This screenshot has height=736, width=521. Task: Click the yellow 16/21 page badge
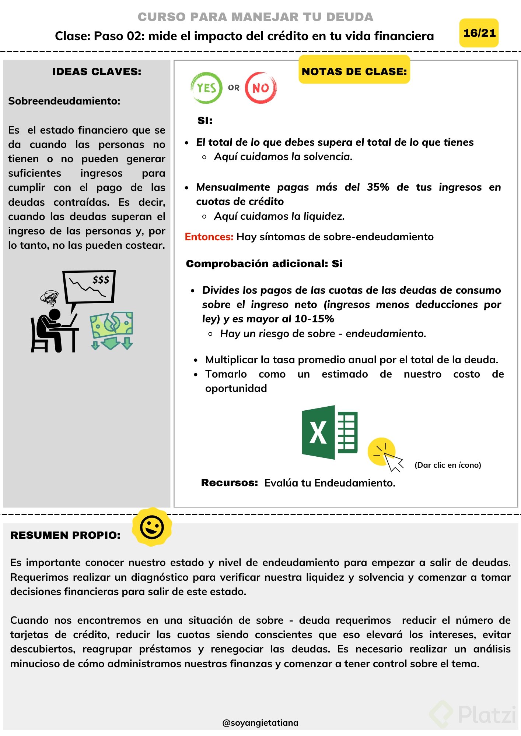(479, 33)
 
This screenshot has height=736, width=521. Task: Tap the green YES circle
(206, 88)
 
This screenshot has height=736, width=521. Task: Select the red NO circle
(260, 88)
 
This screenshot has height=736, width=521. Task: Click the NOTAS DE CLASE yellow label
(354, 71)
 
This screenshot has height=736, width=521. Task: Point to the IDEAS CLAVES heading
(97, 71)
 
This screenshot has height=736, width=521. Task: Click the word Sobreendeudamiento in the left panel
(64, 101)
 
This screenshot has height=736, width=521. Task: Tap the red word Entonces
(209, 237)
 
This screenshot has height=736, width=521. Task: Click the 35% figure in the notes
(378, 187)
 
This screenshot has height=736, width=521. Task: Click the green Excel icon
(329, 432)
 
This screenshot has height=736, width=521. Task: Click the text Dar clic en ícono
(448, 465)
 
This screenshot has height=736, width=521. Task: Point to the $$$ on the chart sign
(101, 280)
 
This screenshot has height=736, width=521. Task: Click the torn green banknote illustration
(111, 325)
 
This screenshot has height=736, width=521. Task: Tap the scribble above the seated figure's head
(49, 298)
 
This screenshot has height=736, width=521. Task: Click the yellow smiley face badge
(152, 527)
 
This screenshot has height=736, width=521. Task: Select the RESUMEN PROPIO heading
(65, 535)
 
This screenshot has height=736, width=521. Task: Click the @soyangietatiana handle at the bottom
(260, 723)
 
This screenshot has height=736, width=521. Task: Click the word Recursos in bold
(229, 482)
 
